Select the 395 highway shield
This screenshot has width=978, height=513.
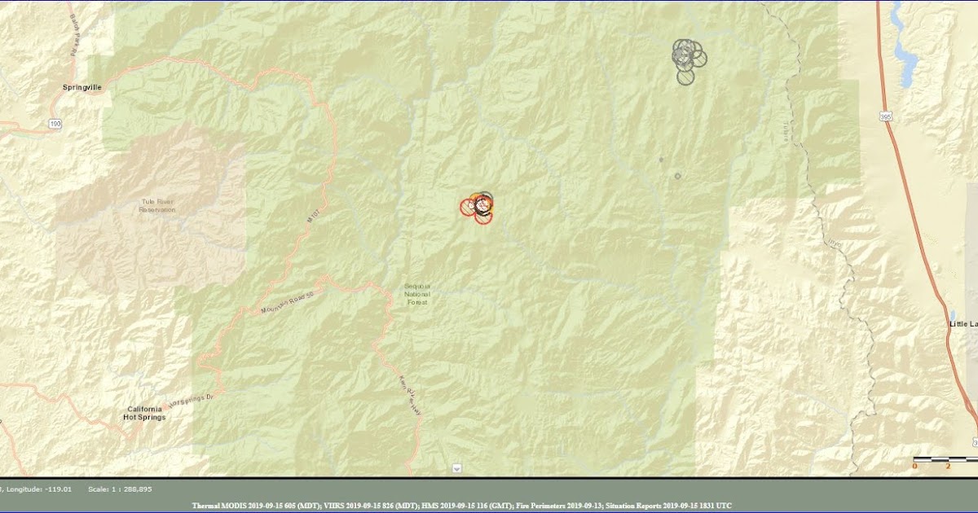pyautogui.click(x=886, y=118)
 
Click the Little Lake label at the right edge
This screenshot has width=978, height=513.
pyautogui.click(x=963, y=323)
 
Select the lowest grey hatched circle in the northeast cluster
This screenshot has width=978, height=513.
pyautogui.click(x=685, y=77)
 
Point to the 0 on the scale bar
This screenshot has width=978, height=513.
pyautogui.click(x=914, y=466)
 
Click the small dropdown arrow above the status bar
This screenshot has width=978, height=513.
pyautogui.click(x=456, y=468)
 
